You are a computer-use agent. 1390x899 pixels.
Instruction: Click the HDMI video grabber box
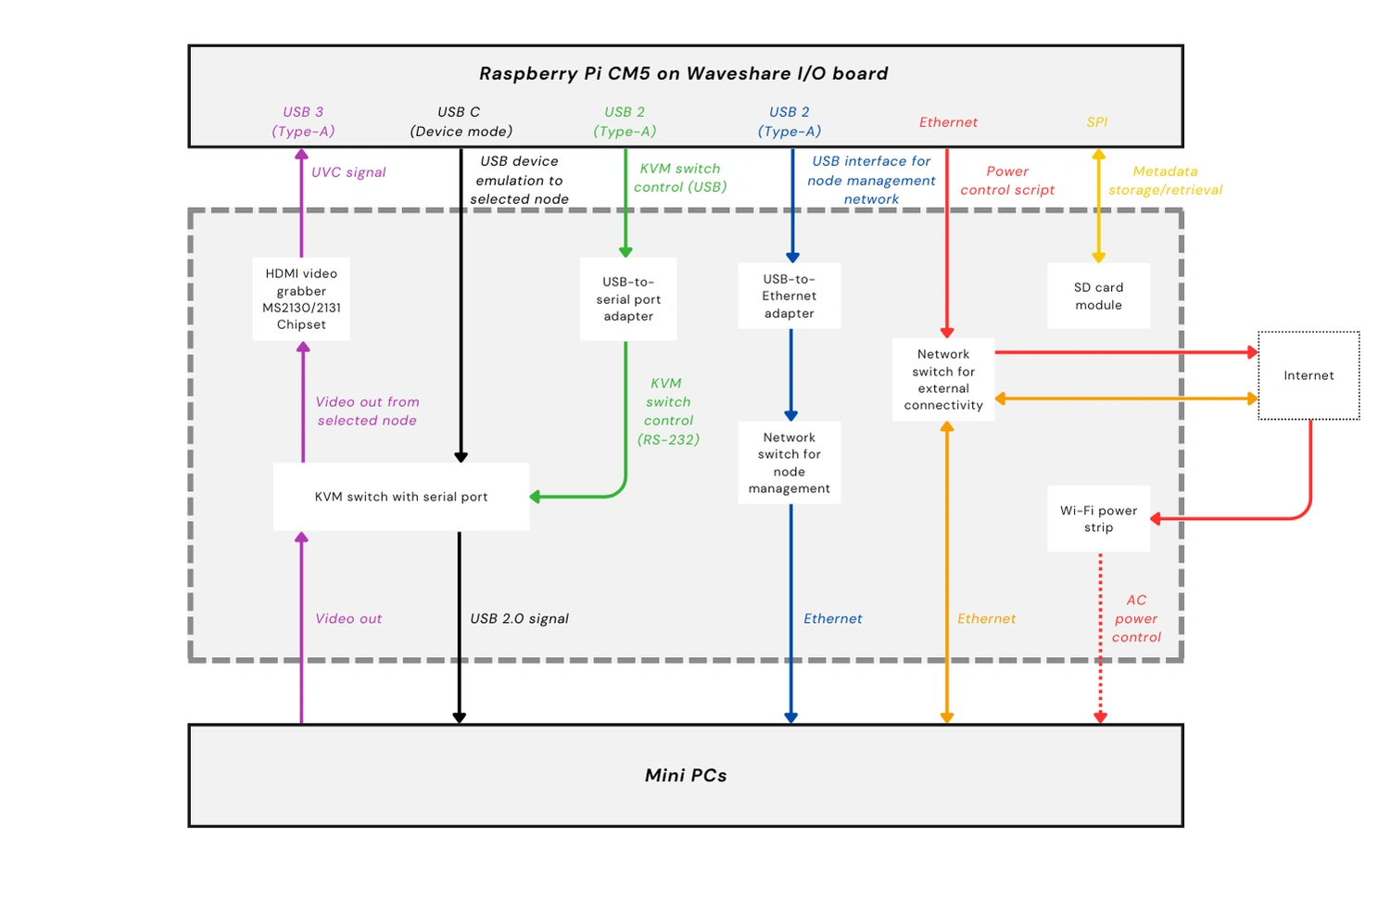[301, 298]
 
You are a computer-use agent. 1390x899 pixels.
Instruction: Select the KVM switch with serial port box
[400, 497]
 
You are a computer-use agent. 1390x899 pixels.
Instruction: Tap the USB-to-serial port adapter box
[628, 298]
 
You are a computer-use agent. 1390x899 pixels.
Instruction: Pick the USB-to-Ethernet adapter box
[790, 296]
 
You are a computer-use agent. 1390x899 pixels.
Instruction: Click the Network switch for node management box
[790, 462]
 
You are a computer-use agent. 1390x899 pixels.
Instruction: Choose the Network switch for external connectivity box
[943, 379]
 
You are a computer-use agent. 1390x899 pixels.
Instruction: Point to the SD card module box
[1098, 296]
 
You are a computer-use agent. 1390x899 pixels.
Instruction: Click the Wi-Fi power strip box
[1098, 518]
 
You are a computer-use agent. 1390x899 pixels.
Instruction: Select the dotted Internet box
[1308, 375]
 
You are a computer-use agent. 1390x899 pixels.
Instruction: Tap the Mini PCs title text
[686, 775]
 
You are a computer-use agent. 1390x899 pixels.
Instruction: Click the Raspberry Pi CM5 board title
[684, 73]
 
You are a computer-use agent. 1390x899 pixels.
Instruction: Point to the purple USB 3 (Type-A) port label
[303, 121]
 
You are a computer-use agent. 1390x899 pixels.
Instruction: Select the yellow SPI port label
[1097, 122]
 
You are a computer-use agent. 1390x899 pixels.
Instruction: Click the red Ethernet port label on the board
[948, 122]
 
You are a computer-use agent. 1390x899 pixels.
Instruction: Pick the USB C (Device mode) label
[461, 121]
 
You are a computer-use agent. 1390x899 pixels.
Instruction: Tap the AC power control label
[1136, 618]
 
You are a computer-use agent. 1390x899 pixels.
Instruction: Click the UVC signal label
[348, 172]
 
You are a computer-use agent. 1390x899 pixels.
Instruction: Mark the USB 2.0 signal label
[519, 618]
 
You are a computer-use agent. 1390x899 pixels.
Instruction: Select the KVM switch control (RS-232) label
[668, 411]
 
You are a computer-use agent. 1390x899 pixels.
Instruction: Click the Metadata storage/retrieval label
[1165, 181]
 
